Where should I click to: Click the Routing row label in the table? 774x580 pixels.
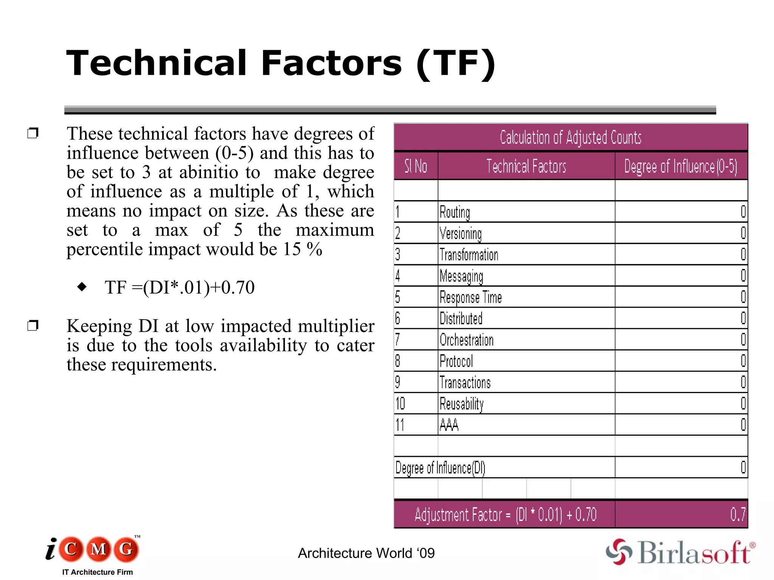click(455, 212)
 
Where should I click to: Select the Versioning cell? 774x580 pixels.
click(460, 233)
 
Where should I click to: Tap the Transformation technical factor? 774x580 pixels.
click(469, 255)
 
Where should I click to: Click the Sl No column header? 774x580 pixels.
click(416, 166)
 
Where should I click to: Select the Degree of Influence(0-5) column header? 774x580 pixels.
click(681, 166)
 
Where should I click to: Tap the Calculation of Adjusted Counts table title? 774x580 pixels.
click(570, 137)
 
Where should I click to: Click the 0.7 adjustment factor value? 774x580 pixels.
click(738, 514)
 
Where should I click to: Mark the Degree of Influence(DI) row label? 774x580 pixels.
click(440, 468)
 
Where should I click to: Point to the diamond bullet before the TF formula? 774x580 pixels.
click(82, 287)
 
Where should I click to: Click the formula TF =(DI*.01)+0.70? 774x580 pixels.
click(180, 287)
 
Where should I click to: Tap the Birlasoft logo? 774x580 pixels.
click(680, 552)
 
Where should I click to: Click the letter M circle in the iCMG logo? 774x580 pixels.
click(99, 549)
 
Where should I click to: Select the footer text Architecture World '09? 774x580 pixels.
click(366, 553)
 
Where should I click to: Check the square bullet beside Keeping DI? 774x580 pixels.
click(33, 325)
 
